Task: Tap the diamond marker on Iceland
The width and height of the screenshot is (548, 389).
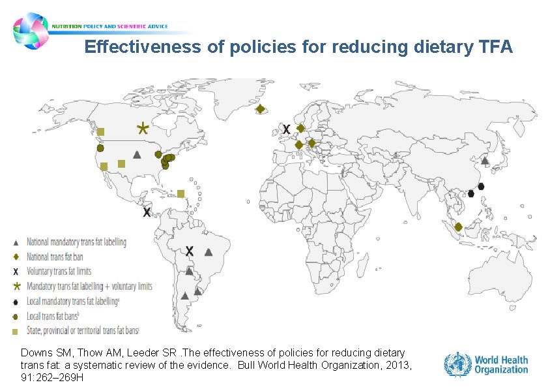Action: point(259,109)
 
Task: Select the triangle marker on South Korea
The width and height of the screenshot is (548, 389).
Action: point(485,160)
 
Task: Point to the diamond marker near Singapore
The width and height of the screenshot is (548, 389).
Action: point(458,226)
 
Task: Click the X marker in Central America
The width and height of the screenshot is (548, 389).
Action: point(147,212)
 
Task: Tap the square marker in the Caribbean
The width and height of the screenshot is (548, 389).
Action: point(180,193)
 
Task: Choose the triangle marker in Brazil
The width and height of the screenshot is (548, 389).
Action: point(209,252)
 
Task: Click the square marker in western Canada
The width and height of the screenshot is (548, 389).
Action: point(101,131)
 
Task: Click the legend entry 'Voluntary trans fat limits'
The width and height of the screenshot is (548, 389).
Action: point(59,271)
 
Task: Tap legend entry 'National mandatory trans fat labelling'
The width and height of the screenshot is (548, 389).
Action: point(76,242)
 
